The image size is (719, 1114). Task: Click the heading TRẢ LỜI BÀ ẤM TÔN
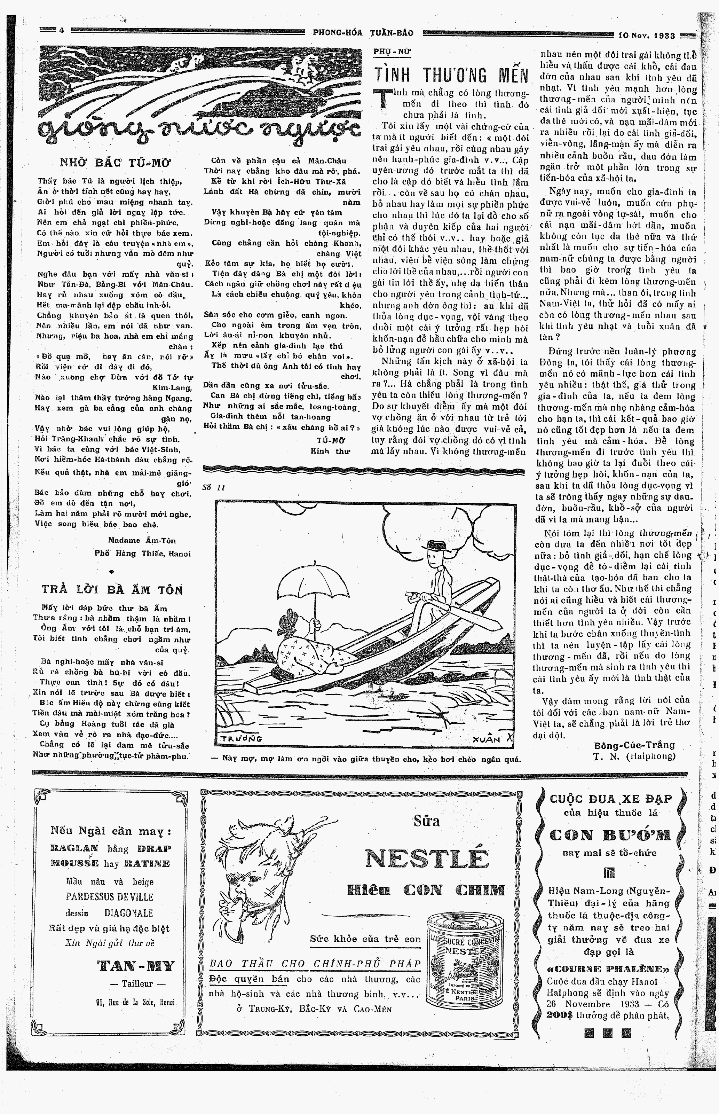[112, 590]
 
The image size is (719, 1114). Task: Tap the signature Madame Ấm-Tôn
[142, 540]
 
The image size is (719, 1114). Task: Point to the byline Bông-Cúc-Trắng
[634, 745]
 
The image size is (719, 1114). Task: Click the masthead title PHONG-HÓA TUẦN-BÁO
[363, 33]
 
